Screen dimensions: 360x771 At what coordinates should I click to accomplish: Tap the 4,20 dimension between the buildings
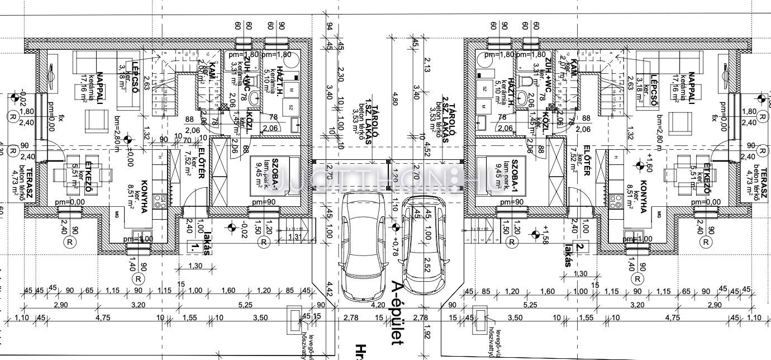tap(378, 305)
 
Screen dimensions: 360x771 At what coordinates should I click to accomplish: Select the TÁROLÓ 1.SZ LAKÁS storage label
tap(368, 123)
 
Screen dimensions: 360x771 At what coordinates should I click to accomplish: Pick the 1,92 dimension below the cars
tap(427, 334)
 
